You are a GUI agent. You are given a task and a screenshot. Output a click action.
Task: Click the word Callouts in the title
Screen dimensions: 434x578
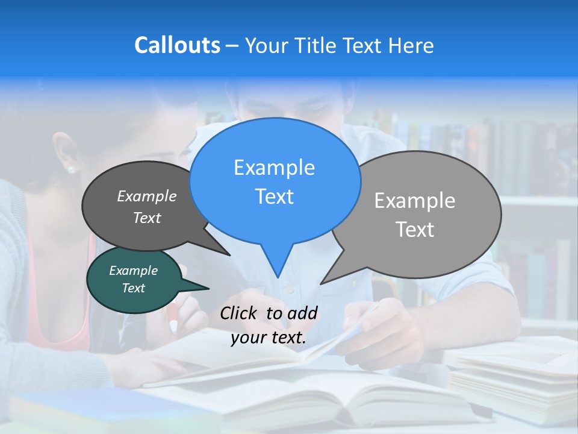[x=177, y=45]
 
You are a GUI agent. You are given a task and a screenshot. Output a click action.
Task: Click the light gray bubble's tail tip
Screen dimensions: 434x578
[x=322, y=283]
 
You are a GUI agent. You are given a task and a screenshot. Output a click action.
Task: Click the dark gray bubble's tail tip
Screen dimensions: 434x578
[x=229, y=254]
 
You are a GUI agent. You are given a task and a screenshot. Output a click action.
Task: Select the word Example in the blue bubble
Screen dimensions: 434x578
[x=274, y=168]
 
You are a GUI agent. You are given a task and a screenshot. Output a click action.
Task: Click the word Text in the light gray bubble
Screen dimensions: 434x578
[x=415, y=230]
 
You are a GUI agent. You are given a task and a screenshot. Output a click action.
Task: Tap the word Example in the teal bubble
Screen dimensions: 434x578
[x=133, y=271]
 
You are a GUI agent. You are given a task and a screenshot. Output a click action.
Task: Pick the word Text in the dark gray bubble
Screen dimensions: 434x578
[x=146, y=218]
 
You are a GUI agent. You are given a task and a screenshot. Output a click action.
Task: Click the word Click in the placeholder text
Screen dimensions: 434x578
[x=240, y=313]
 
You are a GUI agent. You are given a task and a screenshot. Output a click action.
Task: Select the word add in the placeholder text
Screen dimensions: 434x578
[x=302, y=313]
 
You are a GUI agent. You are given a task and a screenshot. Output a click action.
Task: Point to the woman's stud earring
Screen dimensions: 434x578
[x=72, y=169]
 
